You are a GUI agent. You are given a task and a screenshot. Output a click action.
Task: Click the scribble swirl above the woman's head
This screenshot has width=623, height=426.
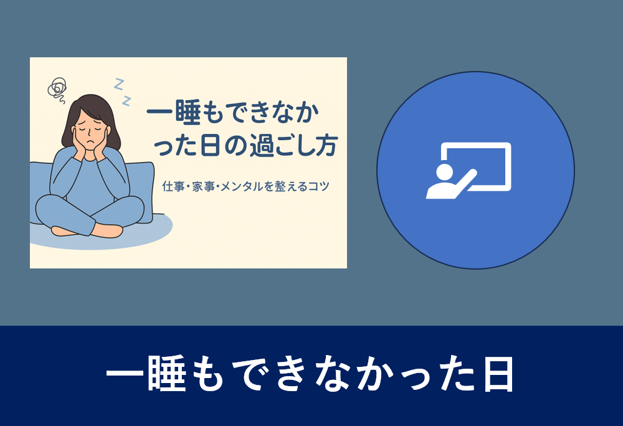(57, 88)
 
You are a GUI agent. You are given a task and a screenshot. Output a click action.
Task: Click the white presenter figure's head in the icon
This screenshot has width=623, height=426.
(444, 171)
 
